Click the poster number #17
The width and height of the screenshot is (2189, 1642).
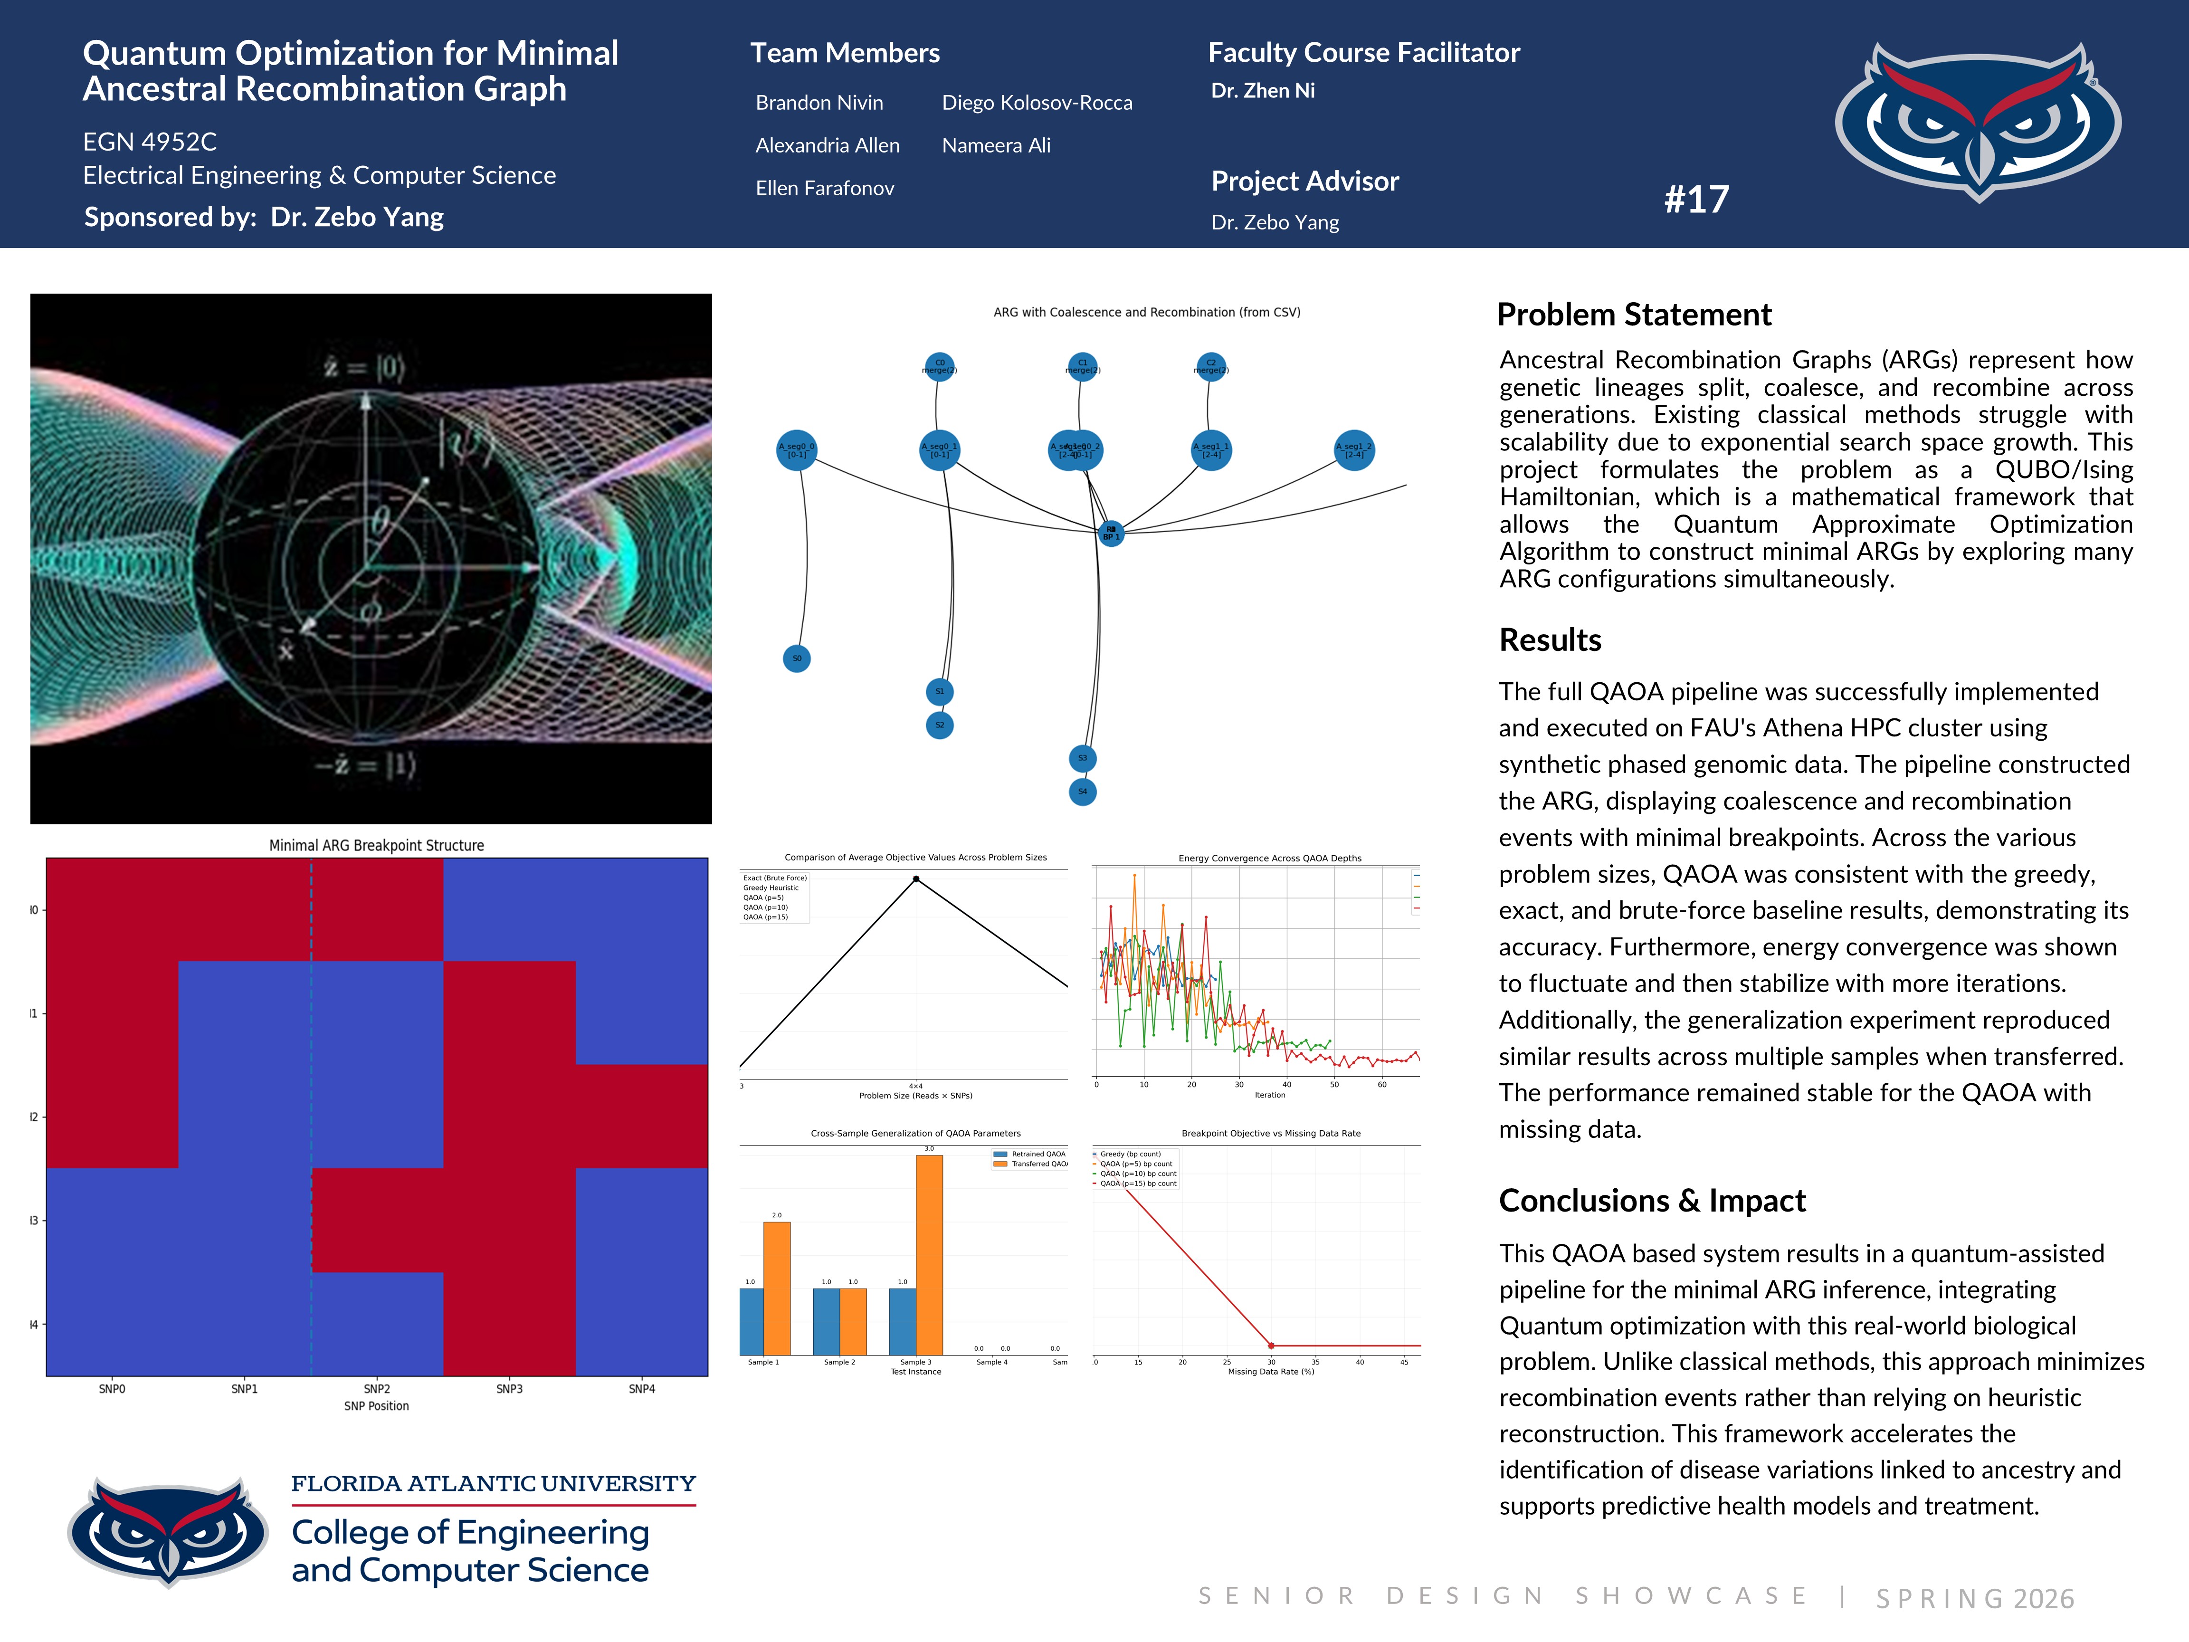[1696, 200]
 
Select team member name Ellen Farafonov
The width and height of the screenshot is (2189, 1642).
[824, 188]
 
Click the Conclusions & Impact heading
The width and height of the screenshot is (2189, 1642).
[1652, 1201]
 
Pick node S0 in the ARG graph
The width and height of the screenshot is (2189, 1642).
[797, 658]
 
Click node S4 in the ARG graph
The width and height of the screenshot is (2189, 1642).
[1083, 792]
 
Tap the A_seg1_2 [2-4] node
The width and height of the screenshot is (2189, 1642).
[1354, 450]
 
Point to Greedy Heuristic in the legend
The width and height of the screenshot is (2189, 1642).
[771, 888]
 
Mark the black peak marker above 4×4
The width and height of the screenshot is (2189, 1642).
[916, 879]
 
